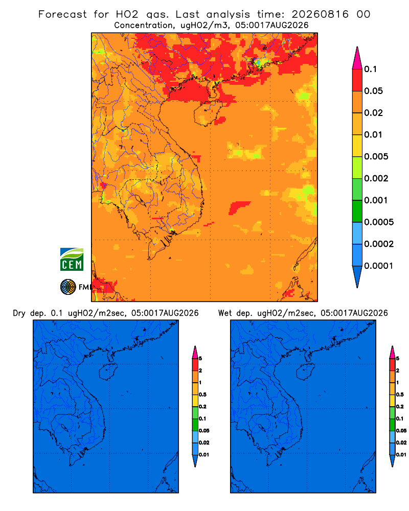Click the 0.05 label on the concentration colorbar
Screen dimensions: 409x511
pos(373,91)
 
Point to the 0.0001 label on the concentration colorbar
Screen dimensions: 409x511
pos(379,266)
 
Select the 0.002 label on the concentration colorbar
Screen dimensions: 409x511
pos(376,178)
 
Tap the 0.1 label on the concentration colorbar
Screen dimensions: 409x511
pos(371,69)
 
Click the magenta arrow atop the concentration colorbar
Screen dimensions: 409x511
pos(357,59)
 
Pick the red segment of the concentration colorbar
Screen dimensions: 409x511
pos(357,80)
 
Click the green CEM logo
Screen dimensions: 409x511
pos(72,260)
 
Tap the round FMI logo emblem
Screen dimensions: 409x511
pos(68,287)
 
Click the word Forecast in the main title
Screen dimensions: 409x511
pos(62,14)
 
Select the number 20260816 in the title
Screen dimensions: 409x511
pos(320,14)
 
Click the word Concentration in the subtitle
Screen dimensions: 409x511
pos(144,26)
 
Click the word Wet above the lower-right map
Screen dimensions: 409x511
pos(225,313)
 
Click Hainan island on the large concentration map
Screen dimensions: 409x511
pos(208,113)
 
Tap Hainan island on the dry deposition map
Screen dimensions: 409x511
pos(108,372)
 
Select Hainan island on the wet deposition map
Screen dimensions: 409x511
pos(305,372)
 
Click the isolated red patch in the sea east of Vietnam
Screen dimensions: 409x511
pos(239,207)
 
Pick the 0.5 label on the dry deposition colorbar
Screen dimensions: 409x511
pos(202,394)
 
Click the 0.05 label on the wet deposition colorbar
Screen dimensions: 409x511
pos(401,430)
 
